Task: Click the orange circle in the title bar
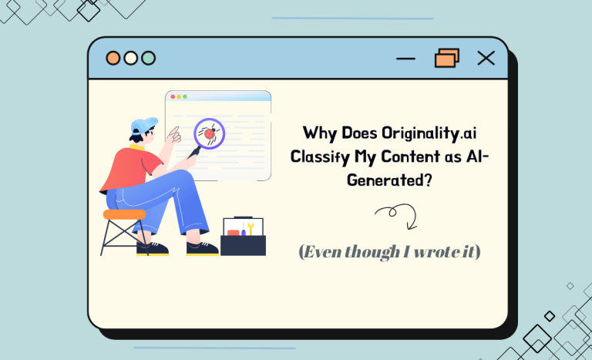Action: click(x=113, y=58)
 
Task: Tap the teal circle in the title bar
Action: click(x=148, y=58)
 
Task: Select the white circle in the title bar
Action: click(x=130, y=58)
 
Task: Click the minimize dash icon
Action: click(x=405, y=59)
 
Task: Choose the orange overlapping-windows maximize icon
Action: click(x=446, y=58)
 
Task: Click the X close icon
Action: click(x=486, y=58)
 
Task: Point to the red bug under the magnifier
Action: click(x=208, y=133)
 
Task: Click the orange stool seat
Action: click(x=124, y=214)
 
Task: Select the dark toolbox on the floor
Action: click(x=243, y=244)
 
